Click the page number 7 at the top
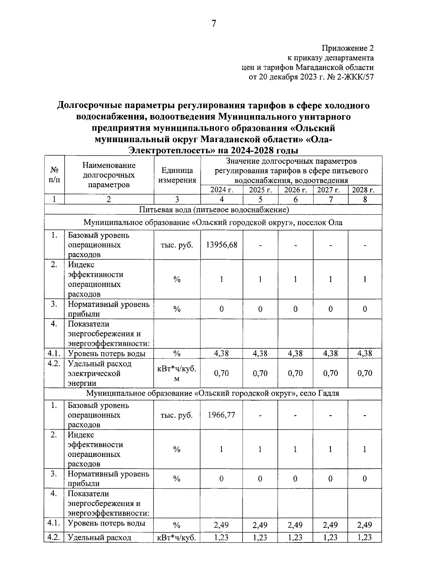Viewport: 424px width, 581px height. click(213, 24)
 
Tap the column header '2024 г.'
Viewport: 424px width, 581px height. click(222, 190)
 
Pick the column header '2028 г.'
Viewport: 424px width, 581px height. click(365, 190)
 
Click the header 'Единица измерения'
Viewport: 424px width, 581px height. click(177, 175)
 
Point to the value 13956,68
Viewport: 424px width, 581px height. click(222, 245)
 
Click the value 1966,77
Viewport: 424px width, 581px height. click(222, 415)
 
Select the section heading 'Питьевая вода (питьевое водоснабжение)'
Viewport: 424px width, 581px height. click(214, 210)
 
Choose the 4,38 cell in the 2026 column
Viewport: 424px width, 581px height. click(295, 353)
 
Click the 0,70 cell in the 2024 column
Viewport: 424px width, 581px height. click(222, 373)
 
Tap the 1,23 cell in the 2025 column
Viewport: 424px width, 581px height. click(260, 538)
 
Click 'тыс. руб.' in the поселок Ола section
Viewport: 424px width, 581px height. click(177, 245)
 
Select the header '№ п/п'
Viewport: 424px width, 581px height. click(54, 175)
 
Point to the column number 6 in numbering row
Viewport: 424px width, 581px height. click(295, 199)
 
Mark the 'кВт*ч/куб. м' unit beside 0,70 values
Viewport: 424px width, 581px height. click(177, 373)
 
